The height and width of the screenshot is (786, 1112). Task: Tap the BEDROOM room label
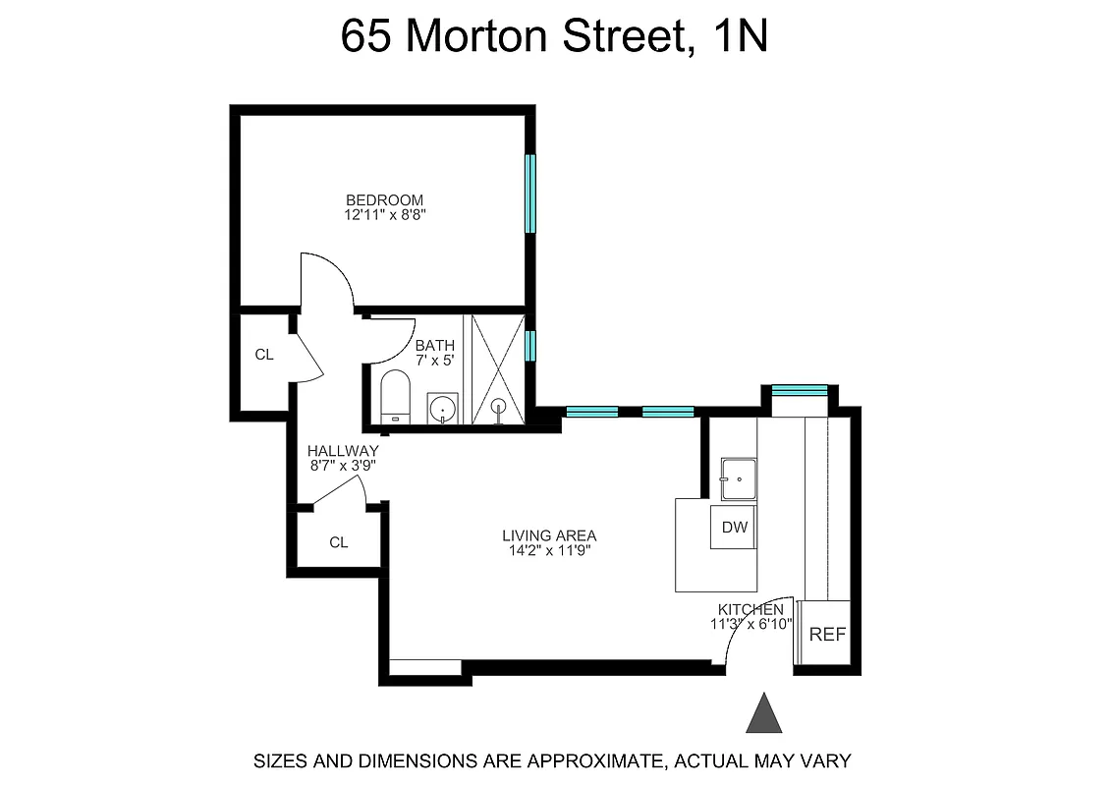click(x=384, y=200)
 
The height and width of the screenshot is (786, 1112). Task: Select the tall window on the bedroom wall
click(x=530, y=194)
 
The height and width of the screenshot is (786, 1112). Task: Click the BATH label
click(x=434, y=346)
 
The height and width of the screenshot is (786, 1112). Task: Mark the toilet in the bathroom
click(x=395, y=397)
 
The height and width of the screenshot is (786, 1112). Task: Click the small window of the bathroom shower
click(x=530, y=345)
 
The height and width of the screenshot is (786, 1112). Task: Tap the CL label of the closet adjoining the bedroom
click(x=263, y=355)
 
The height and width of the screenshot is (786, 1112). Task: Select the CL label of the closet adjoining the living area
click(x=338, y=542)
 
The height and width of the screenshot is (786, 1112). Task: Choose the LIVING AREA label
click(x=549, y=535)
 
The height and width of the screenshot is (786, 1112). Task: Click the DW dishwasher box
click(x=735, y=528)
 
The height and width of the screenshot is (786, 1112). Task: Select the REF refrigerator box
click(x=827, y=635)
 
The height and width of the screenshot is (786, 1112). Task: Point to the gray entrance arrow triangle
click(x=764, y=714)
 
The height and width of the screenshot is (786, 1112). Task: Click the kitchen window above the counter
click(x=799, y=390)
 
